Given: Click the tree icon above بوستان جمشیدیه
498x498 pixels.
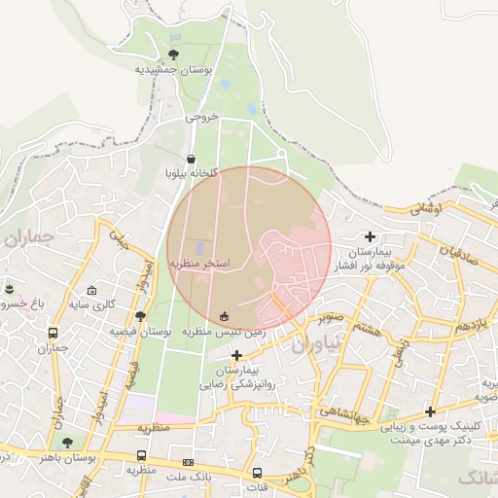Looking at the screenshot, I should [174, 54].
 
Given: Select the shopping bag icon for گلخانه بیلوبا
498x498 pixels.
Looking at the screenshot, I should [191, 159].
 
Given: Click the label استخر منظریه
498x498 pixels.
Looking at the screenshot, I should [200, 264].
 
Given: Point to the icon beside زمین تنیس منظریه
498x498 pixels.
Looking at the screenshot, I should [226, 316].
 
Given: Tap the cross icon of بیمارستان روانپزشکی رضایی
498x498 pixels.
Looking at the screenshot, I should [236, 355].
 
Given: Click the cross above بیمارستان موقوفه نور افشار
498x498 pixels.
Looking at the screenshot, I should [370, 236].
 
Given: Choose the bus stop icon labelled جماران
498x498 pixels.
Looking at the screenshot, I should [53, 333].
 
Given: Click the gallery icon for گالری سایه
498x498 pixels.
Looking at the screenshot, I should [91, 290].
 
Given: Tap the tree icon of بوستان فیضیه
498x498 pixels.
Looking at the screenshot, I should [141, 316].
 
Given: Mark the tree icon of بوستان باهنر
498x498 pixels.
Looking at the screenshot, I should [67, 443].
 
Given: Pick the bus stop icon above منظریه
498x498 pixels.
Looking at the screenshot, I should [142, 455].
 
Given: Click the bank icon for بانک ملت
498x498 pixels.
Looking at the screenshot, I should [188, 462].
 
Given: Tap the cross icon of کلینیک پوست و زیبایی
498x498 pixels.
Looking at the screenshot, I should [430, 411].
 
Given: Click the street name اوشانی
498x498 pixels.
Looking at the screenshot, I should [426, 208].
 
